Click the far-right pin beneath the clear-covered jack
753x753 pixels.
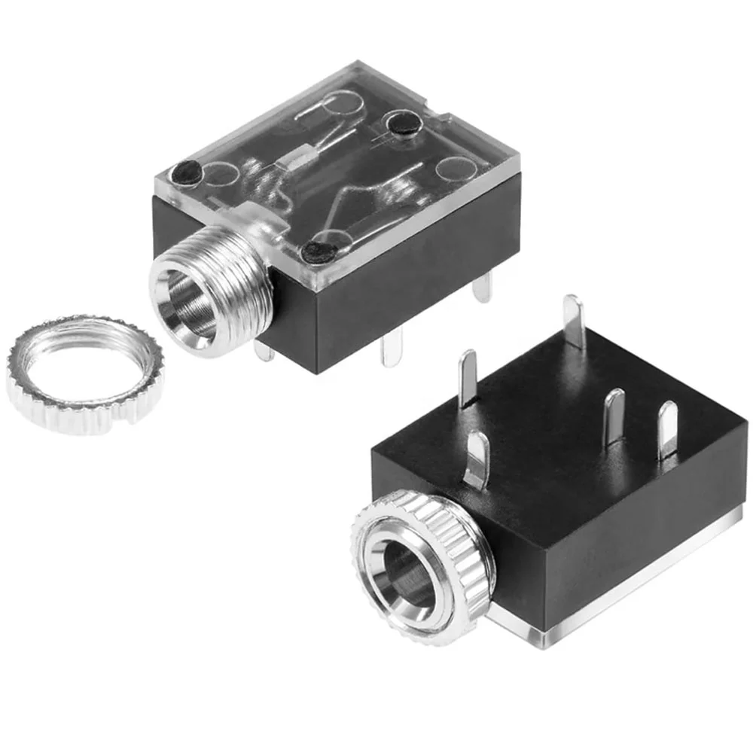482,286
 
